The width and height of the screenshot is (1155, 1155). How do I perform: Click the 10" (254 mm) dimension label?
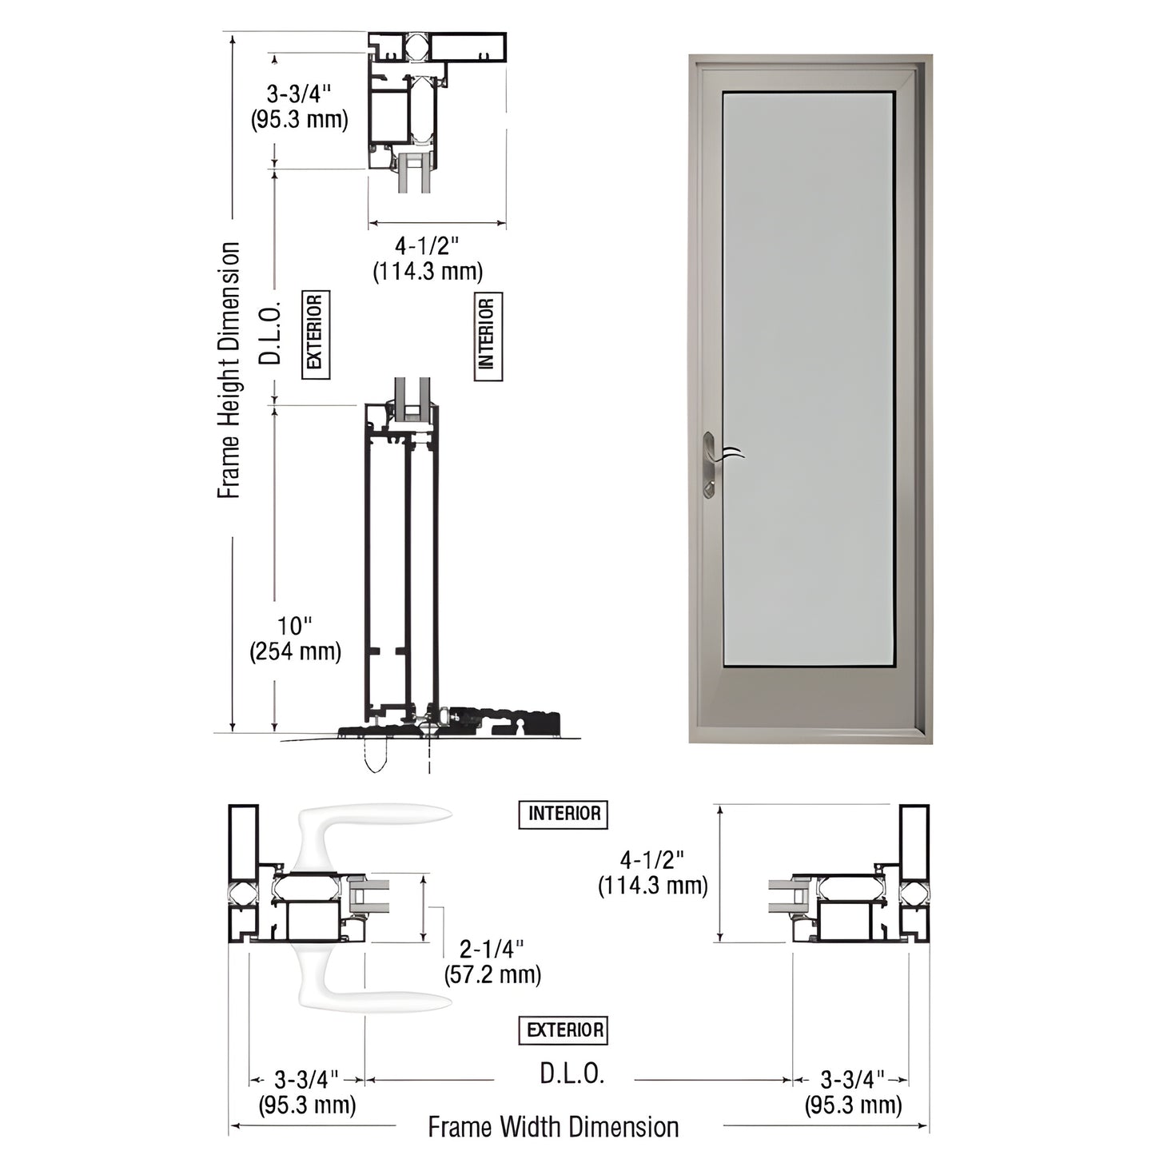(295, 639)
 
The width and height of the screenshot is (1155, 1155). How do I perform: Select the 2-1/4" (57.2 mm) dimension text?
(492, 962)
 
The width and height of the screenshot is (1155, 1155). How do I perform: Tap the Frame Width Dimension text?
(553, 1127)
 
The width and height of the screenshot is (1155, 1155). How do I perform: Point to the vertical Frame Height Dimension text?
(229, 371)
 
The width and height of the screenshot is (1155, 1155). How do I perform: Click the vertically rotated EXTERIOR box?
(316, 334)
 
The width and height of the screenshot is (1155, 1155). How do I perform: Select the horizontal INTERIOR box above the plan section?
(564, 814)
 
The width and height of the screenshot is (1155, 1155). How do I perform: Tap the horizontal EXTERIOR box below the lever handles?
(564, 1030)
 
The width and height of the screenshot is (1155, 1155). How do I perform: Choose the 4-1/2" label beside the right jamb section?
(653, 872)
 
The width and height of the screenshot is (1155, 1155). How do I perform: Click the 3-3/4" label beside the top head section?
(299, 106)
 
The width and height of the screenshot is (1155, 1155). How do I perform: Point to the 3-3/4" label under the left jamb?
(307, 1093)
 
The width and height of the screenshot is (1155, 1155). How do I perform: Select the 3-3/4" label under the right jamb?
(853, 1093)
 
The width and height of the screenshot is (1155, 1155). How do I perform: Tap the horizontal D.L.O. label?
(572, 1073)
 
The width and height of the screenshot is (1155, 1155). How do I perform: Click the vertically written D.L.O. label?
(272, 333)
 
